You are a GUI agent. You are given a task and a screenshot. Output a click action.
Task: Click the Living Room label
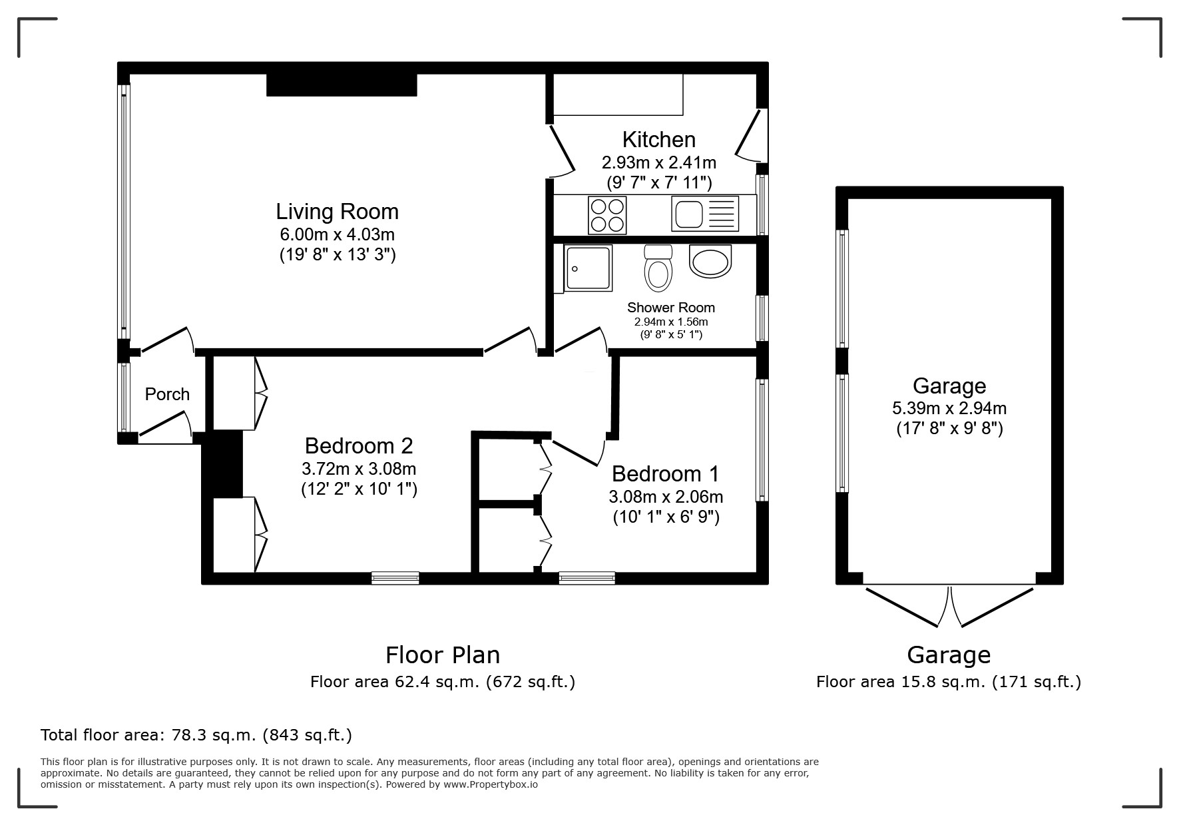tap(337, 212)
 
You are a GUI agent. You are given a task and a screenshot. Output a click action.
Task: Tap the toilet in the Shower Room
tap(658, 269)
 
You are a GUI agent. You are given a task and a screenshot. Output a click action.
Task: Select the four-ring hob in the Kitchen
tap(607, 215)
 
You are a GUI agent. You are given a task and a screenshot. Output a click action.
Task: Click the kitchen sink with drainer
tap(705, 214)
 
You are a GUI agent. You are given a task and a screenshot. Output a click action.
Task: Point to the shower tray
tap(588, 268)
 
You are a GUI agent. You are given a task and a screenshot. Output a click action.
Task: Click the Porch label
tap(167, 394)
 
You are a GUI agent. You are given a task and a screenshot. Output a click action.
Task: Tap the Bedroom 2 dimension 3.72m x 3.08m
tap(359, 469)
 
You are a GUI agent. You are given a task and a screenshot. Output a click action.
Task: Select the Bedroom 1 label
tap(665, 474)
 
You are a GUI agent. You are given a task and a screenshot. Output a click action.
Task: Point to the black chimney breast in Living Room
tap(342, 85)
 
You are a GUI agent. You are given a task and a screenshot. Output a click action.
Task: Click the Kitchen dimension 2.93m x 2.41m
tap(658, 162)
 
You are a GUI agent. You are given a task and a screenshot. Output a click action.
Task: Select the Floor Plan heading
tap(442, 655)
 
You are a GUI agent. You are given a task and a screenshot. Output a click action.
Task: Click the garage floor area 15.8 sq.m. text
tap(948, 682)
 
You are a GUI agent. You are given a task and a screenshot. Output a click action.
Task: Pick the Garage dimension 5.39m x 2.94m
tap(949, 408)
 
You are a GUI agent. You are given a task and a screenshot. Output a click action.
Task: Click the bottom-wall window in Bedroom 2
tap(395, 578)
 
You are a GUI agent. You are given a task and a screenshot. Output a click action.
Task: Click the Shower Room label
tap(670, 308)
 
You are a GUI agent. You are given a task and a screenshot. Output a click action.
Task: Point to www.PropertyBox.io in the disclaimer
tap(490, 784)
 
